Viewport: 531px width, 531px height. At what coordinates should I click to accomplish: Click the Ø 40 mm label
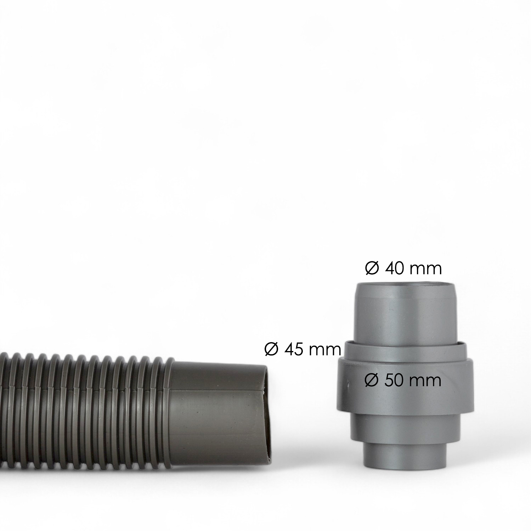click(x=403, y=269)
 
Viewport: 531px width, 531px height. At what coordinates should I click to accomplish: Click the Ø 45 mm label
click(x=303, y=350)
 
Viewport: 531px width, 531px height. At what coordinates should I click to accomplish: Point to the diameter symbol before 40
click(x=372, y=269)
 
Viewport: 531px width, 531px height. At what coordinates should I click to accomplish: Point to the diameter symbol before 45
click(x=271, y=350)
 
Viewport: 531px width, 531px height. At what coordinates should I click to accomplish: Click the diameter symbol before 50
click(x=372, y=380)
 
